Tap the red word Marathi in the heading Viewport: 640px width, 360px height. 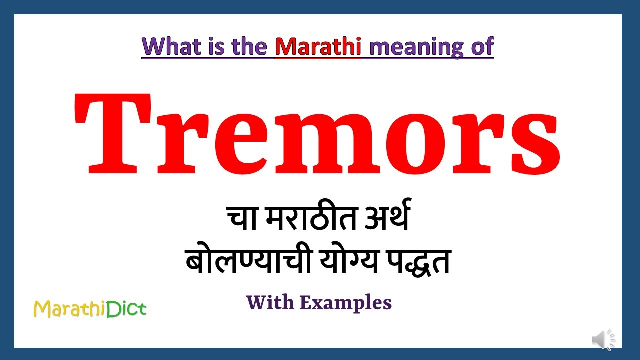318,46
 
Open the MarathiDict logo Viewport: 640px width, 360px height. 90,309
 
